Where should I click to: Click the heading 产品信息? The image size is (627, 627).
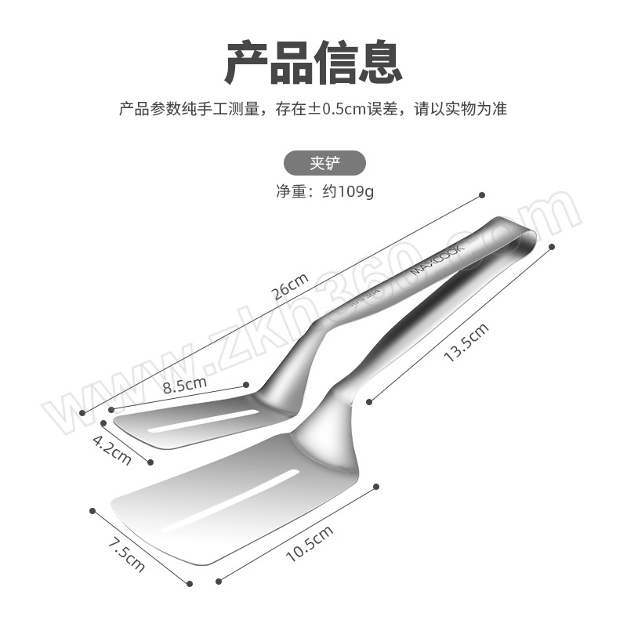[313, 63]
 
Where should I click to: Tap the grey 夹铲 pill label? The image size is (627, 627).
[324, 163]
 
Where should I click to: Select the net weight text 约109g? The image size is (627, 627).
[348, 192]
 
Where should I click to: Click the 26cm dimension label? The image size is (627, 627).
[290, 286]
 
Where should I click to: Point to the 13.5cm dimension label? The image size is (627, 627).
[466, 342]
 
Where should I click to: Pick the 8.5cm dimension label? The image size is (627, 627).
[185, 385]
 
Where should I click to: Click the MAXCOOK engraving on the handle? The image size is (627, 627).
[438, 259]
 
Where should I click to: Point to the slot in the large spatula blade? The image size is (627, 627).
[230, 501]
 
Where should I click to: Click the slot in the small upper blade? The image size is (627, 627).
[203, 421]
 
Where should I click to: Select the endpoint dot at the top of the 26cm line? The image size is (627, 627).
[482, 195]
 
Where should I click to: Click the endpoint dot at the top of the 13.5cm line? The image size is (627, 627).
[553, 247]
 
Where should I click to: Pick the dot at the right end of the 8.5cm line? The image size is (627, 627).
[246, 385]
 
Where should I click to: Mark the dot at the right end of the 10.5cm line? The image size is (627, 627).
[376, 487]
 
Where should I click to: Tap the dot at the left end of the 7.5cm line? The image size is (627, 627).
[92, 511]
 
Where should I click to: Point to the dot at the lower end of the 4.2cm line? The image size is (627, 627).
[150, 462]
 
